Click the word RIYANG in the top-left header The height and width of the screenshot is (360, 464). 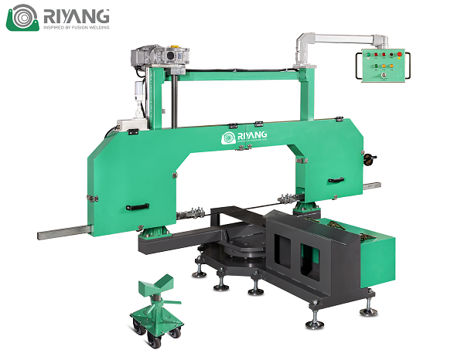tap(75, 15)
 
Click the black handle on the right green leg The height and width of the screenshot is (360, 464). tap(336, 179)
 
